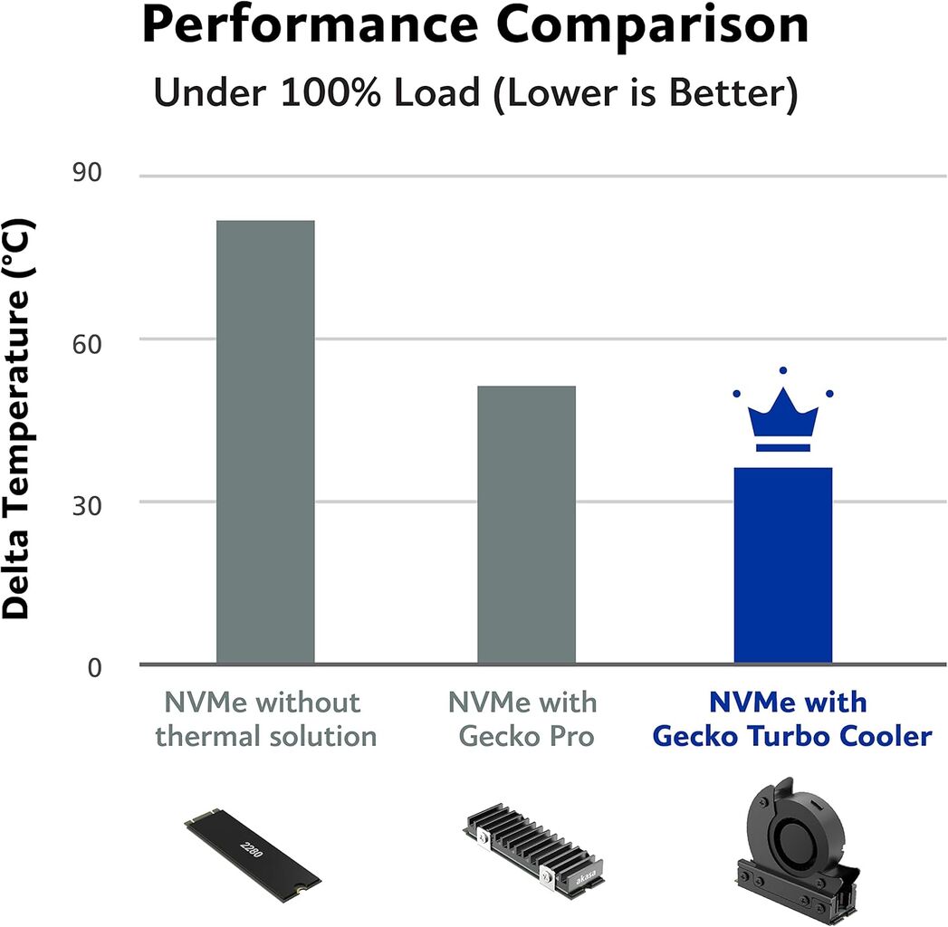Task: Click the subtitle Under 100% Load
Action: tap(474, 94)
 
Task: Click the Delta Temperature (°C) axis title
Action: tap(17, 419)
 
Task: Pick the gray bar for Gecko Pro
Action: tap(526, 525)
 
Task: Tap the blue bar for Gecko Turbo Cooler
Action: tap(782, 566)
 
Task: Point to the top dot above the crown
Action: tap(783, 370)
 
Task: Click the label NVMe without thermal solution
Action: tap(265, 720)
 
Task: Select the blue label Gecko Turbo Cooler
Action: tap(790, 736)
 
